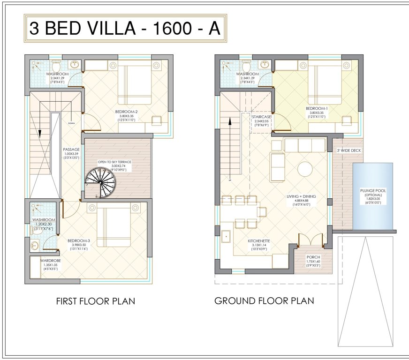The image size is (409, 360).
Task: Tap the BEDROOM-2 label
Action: pyautogui.click(x=126, y=112)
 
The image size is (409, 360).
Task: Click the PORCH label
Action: pyautogui.click(x=313, y=257)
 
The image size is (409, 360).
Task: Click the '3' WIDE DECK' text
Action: pyautogui.click(x=349, y=150)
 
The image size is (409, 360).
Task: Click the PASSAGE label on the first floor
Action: pyautogui.click(x=72, y=149)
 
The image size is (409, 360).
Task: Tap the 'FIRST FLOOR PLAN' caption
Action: pyautogui.click(x=96, y=301)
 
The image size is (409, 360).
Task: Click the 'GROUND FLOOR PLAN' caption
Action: pyautogui.click(x=264, y=300)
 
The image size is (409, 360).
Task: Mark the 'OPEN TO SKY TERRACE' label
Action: pyautogui.click(x=114, y=162)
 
